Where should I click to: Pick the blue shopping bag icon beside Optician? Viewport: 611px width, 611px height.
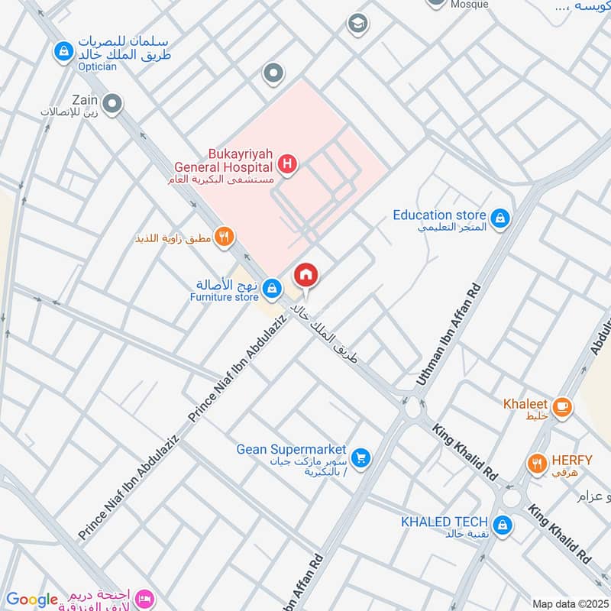[63, 51]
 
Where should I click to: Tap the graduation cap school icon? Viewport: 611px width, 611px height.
[357, 24]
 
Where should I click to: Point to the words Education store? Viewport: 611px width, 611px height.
[440, 215]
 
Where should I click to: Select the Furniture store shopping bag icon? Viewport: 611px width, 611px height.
[270, 288]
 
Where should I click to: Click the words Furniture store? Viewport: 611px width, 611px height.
[225, 297]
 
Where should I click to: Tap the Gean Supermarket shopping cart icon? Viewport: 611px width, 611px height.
[362, 457]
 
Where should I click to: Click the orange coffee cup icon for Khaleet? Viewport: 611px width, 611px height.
[563, 407]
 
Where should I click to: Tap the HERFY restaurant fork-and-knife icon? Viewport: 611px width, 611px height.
[538, 463]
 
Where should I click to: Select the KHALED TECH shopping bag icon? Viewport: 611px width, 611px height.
[503, 525]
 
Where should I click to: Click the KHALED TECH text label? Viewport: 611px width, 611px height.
[445, 522]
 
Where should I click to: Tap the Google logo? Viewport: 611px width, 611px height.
[32, 600]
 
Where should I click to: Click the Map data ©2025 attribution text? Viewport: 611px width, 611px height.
[568, 603]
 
